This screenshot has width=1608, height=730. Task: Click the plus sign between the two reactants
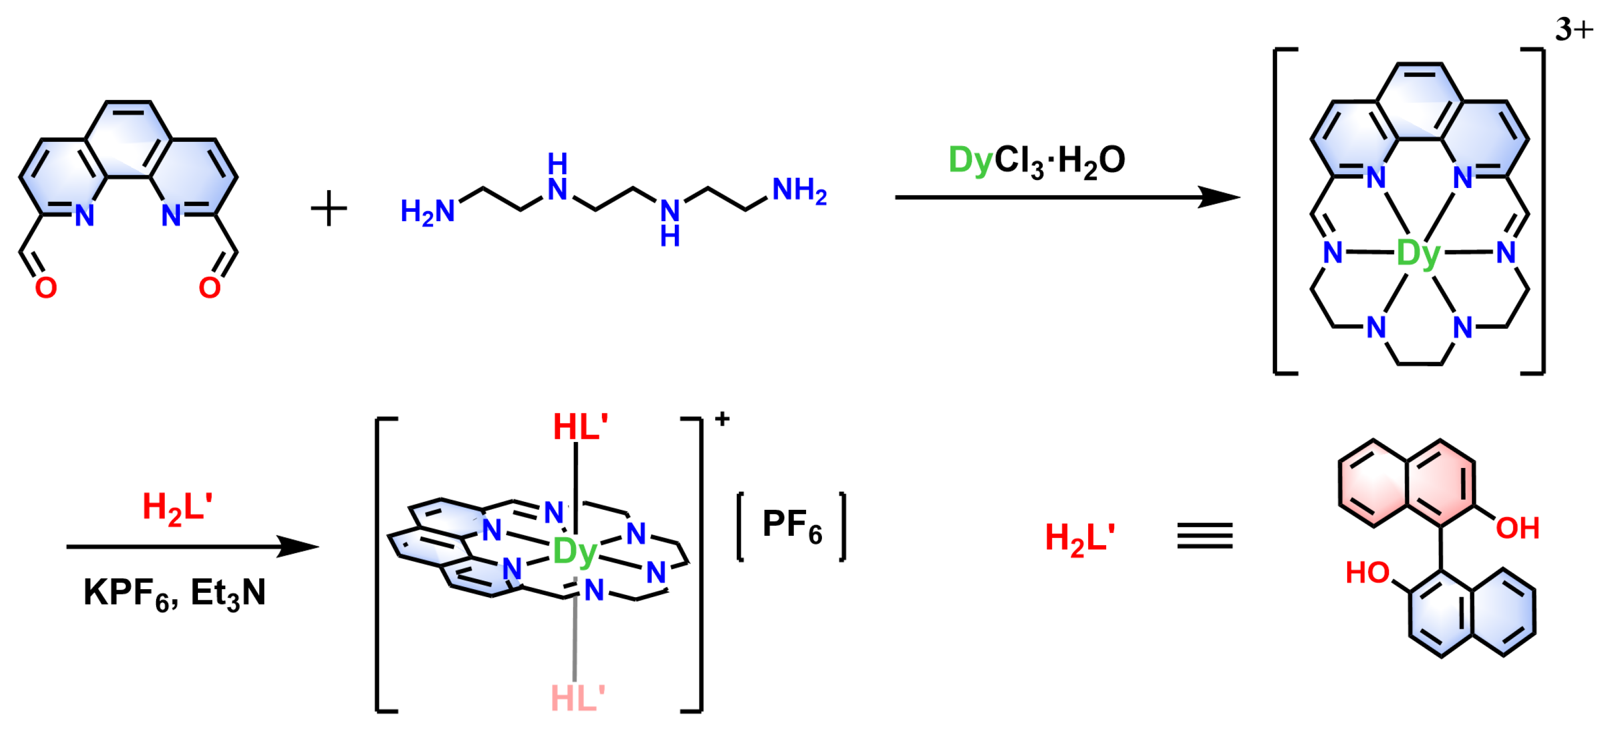(x=329, y=208)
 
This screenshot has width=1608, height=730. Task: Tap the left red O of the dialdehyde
(x=46, y=288)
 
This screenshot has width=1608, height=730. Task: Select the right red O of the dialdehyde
(x=209, y=288)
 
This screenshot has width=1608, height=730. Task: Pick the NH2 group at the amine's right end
(x=800, y=191)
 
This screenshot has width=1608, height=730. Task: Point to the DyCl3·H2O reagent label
(x=1037, y=160)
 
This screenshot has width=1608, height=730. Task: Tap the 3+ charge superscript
(x=1574, y=29)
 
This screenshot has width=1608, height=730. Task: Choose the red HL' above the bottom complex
(x=581, y=428)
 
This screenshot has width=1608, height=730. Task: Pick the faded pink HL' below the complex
(x=578, y=698)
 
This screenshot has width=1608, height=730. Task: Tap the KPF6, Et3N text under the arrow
(x=175, y=593)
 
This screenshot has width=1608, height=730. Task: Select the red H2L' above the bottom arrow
(x=177, y=508)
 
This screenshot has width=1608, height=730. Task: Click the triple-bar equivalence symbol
(x=1205, y=536)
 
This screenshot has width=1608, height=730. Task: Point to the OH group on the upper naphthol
(x=1517, y=528)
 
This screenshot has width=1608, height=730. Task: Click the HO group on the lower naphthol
(x=1367, y=573)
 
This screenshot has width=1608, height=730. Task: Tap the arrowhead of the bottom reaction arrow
(x=298, y=547)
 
